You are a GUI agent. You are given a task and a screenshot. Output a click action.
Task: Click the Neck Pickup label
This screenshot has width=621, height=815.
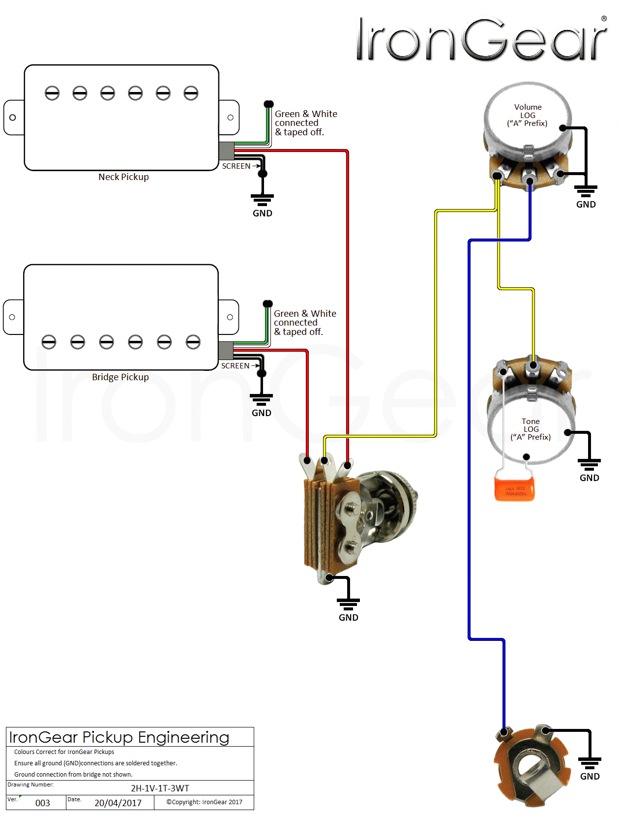(x=123, y=177)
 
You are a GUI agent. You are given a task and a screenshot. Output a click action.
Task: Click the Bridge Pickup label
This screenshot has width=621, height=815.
(x=120, y=377)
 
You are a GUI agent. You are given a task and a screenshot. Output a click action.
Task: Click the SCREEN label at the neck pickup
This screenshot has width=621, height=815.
(x=236, y=166)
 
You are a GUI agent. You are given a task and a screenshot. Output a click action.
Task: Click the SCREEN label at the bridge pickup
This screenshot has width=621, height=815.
(x=235, y=366)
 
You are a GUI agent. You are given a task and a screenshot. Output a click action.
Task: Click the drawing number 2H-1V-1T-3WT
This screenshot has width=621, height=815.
(x=160, y=788)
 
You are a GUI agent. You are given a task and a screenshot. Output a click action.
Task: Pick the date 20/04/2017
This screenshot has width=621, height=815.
(x=118, y=803)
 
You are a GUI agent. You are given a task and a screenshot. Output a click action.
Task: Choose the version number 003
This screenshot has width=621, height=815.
(x=42, y=803)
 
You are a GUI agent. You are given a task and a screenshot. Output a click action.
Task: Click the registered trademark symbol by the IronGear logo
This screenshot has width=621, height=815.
(x=604, y=19)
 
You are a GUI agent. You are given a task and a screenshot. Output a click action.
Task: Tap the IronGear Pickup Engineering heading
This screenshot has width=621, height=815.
(x=119, y=737)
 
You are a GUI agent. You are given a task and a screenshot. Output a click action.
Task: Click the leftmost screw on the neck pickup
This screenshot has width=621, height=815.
(x=52, y=93)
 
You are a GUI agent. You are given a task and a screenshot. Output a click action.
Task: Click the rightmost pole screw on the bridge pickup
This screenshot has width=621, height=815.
(x=193, y=342)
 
